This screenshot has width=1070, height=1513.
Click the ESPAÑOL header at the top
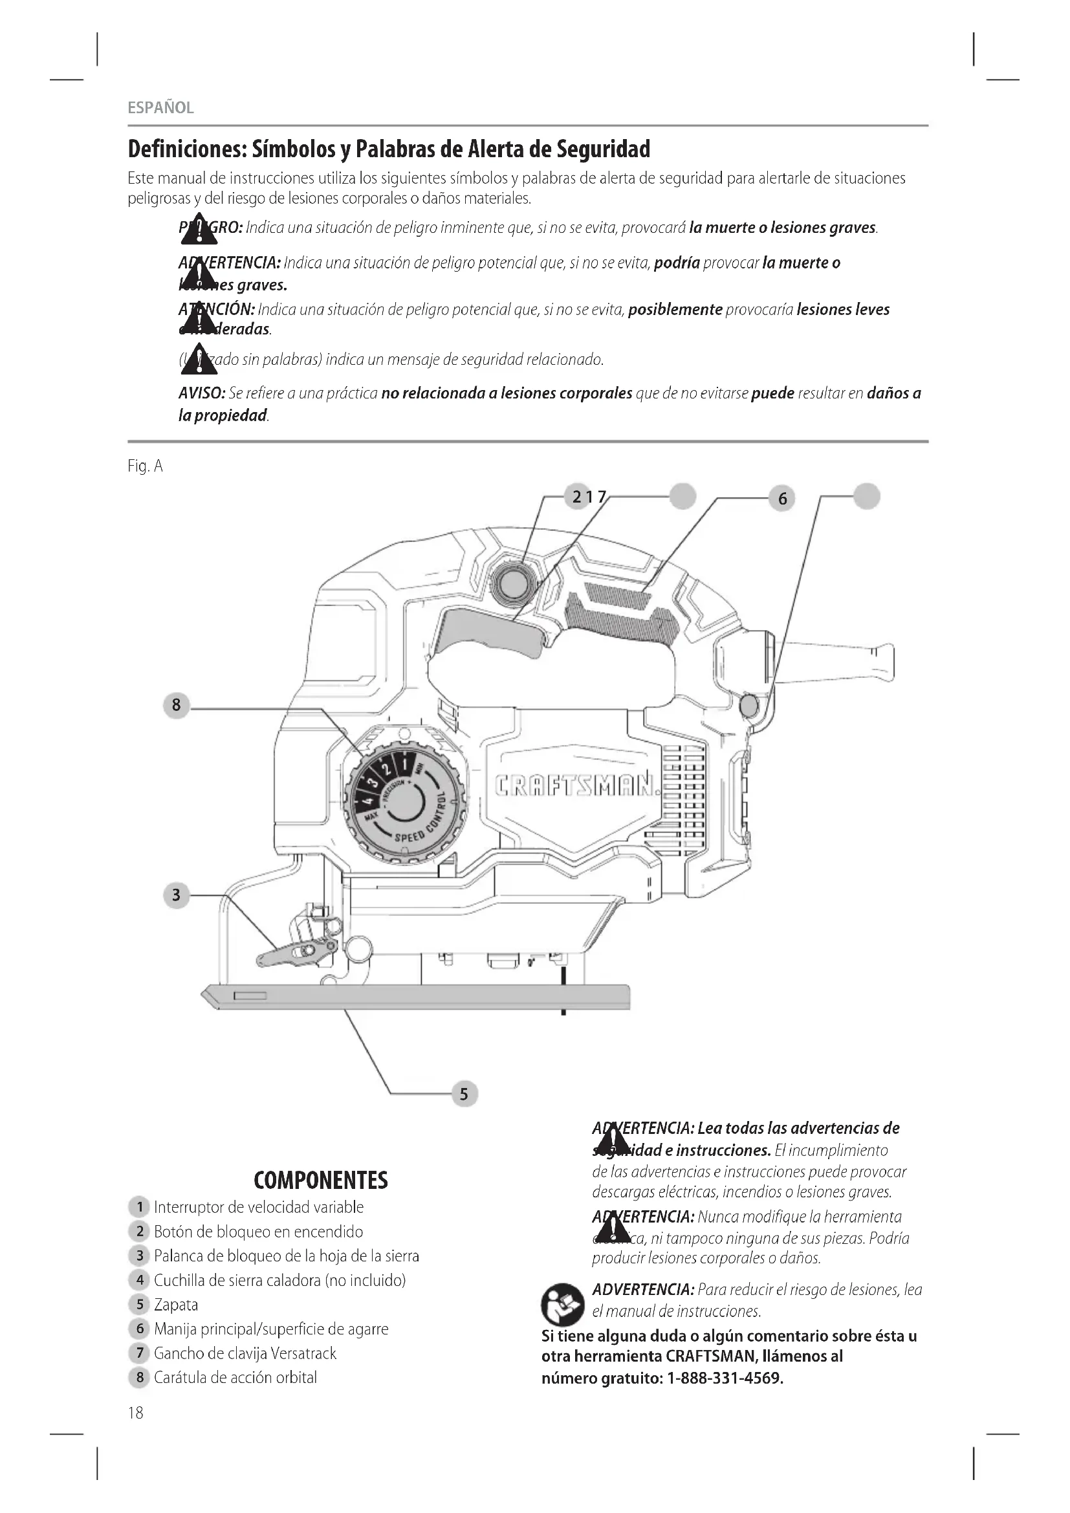[161, 108]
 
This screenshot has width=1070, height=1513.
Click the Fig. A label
[145, 466]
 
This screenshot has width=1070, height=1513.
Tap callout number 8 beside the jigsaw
[176, 705]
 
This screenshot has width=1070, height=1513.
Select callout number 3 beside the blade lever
[176, 895]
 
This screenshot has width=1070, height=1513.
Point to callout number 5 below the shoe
[464, 1094]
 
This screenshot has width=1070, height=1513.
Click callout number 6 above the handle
[782, 499]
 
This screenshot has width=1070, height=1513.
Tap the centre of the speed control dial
[406, 803]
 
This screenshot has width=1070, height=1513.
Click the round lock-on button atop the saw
[514, 582]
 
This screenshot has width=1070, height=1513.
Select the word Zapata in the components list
[176, 1305]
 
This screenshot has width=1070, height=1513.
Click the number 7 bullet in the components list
[139, 1353]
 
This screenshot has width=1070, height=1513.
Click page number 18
[135, 1413]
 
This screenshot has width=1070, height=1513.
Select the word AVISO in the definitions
[202, 393]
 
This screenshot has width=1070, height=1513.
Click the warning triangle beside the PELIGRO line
[197, 228]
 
